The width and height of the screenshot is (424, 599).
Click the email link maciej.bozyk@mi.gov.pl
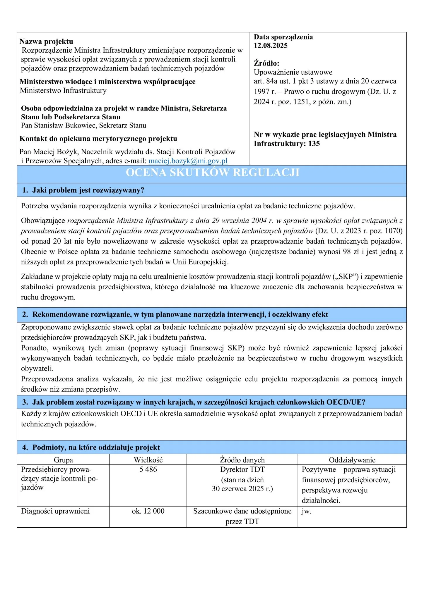tap(188, 161)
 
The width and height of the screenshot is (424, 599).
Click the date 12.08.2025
tap(271, 46)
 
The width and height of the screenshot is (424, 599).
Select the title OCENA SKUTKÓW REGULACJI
tap(212, 173)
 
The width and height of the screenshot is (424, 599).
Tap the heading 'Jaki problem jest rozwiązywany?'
tap(88, 190)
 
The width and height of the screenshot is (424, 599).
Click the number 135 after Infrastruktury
tap(314, 144)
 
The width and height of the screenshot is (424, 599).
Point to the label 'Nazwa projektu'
tap(46, 42)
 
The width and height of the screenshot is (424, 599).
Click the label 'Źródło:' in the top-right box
tap(266, 63)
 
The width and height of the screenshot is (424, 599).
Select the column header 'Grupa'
tap(63, 460)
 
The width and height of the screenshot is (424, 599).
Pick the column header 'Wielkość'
tap(148, 460)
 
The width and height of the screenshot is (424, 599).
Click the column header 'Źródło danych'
tap(242, 460)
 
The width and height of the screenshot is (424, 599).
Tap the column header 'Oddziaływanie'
tap(352, 460)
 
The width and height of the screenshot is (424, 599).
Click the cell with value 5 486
tap(148, 469)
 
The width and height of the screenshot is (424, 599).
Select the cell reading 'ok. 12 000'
tap(148, 511)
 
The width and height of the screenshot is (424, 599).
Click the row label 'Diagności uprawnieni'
tap(55, 511)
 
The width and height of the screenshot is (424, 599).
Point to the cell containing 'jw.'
tap(306, 511)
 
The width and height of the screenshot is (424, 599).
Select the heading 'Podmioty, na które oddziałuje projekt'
tap(96, 447)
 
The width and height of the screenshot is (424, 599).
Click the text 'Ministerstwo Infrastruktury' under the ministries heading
tap(63, 91)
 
